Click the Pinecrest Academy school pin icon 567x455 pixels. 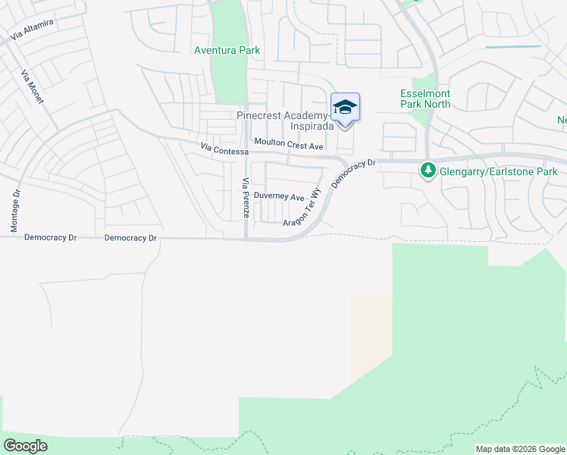tap(345, 108)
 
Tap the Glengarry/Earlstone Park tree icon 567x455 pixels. tap(428, 171)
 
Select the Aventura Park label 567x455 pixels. tap(227, 50)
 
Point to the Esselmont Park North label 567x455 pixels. tap(425, 99)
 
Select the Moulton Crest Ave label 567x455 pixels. tap(289, 143)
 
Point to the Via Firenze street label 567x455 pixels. tap(246, 198)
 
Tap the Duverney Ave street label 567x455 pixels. tap(279, 196)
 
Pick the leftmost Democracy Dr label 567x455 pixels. tap(51, 237)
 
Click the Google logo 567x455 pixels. tap(25, 445)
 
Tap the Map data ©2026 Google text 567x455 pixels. tap(520, 449)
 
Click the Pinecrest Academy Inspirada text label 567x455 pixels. tap(284, 121)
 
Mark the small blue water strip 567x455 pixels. tap(513, 47)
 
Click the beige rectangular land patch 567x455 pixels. tap(371, 334)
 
